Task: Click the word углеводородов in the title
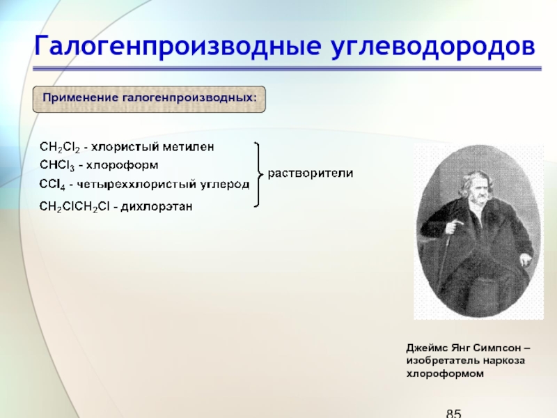pos(433,47)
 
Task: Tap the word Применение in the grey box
pos(81,98)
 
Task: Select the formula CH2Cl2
pos(60,147)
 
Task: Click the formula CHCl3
pos(57,165)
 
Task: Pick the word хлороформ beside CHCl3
pos(123,166)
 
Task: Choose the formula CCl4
pos(52,185)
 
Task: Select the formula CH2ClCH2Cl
pos(74,206)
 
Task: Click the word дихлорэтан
pos(157,206)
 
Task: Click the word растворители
pos(310,173)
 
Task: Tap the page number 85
pos(454,413)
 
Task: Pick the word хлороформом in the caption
pos(445,373)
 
